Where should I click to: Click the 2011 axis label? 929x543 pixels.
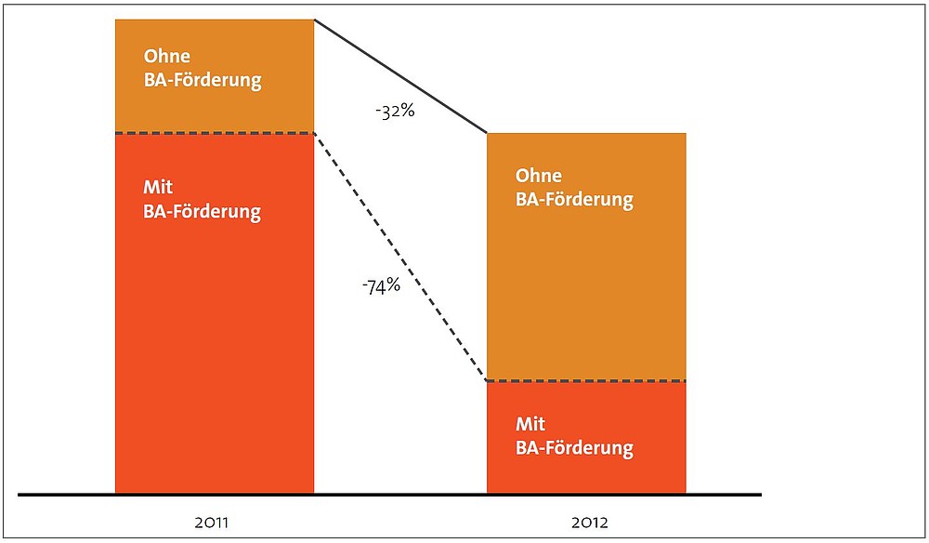click(211, 523)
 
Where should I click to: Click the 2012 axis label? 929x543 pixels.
click(590, 523)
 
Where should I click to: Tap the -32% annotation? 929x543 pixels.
click(395, 111)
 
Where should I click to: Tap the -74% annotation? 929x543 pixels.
click(382, 287)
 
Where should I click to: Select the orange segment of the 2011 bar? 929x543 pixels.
click(215, 76)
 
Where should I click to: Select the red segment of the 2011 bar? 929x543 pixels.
click(215, 313)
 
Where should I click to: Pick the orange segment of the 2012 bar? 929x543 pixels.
click(586, 257)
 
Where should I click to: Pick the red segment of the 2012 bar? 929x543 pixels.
click(586, 437)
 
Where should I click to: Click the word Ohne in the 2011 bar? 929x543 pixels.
click(167, 57)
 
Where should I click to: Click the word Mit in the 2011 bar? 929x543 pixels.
click(158, 187)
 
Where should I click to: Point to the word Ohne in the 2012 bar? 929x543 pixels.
click(539, 176)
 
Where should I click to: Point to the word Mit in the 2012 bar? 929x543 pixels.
click(530, 424)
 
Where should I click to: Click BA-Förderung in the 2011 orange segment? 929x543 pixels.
click(203, 81)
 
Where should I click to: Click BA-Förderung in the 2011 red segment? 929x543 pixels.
click(202, 212)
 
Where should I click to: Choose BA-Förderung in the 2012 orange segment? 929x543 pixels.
click(574, 200)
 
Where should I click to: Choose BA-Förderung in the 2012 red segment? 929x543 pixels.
click(575, 448)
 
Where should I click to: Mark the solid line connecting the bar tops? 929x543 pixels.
click(400, 76)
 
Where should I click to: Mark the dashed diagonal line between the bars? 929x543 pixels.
click(400, 257)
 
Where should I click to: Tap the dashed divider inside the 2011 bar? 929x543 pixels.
click(215, 133)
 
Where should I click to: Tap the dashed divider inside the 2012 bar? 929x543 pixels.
click(586, 380)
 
